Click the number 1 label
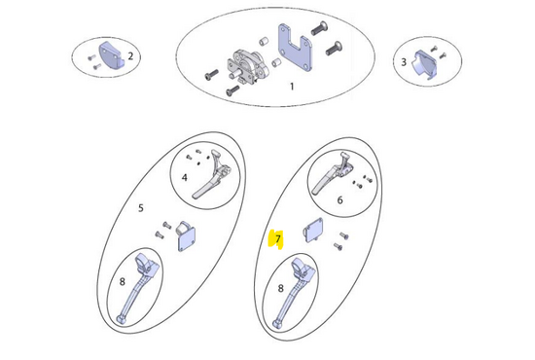[292, 87]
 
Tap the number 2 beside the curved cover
[130, 56]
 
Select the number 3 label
[404, 62]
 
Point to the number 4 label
[184, 177]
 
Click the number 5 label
[141, 208]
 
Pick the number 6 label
[339, 200]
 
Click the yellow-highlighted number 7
[278, 238]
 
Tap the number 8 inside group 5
[123, 281]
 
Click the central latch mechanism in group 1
[247, 67]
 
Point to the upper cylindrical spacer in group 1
[264, 42]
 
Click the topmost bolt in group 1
[320, 28]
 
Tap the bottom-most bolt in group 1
[233, 90]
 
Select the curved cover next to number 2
[110, 55]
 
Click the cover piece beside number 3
[425, 65]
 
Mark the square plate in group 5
[186, 236]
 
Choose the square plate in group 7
[313, 231]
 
